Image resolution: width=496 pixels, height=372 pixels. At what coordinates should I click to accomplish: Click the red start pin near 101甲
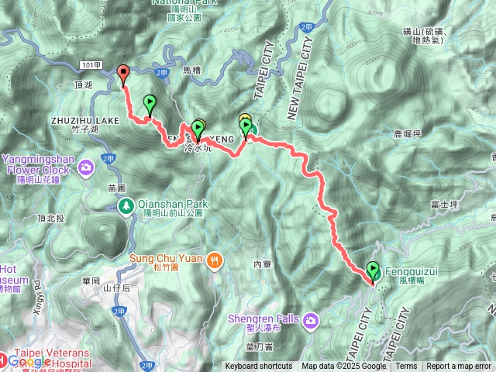coord(123,74)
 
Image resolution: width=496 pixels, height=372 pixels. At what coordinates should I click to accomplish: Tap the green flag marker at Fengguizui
coord(374,270)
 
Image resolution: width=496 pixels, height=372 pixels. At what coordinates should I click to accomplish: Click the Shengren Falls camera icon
coord(311,319)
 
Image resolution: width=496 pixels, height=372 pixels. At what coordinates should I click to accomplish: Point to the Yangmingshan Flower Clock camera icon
coord(87,165)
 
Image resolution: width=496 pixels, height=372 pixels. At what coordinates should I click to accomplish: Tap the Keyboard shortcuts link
coord(258,367)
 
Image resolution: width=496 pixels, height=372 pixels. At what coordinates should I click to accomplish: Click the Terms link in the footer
coord(406,367)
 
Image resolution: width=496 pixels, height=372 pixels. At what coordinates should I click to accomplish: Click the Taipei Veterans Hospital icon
coord(5,359)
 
